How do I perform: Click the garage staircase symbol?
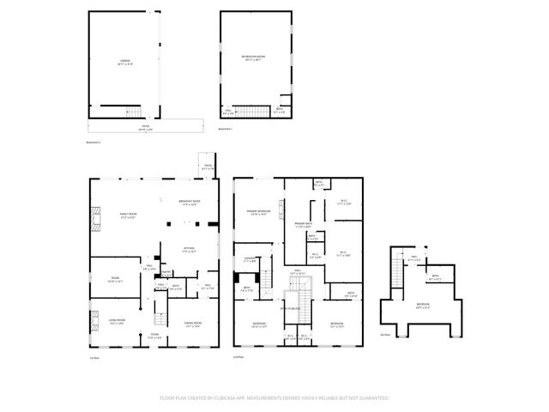point(132,112)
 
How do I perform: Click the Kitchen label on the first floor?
point(189,249)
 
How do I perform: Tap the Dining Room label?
point(193,324)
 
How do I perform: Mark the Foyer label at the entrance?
point(155,336)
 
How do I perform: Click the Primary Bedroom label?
point(259,211)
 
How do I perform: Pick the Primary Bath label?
point(304,225)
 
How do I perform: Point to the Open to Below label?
point(291,306)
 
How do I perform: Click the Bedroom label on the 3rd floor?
point(423,305)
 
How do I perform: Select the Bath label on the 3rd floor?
point(434,277)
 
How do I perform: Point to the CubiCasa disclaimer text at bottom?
point(274,397)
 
